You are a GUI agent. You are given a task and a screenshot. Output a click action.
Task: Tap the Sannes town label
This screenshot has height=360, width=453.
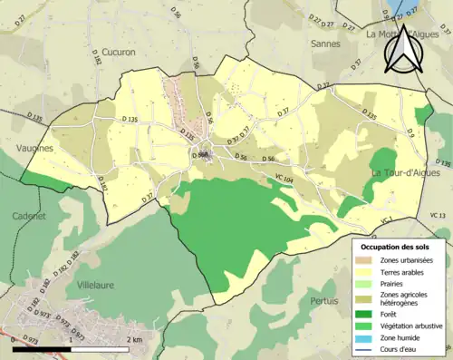coord(324,43)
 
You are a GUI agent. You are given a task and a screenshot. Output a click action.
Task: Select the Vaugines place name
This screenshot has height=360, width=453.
coord(33,147)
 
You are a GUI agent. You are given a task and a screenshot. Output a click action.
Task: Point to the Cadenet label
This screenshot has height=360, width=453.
coord(28,217)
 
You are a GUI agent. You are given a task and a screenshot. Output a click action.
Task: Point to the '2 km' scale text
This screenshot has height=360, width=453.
coord(134,339)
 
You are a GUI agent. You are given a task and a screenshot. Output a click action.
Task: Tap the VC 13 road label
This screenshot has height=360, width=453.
coord(439,214)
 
